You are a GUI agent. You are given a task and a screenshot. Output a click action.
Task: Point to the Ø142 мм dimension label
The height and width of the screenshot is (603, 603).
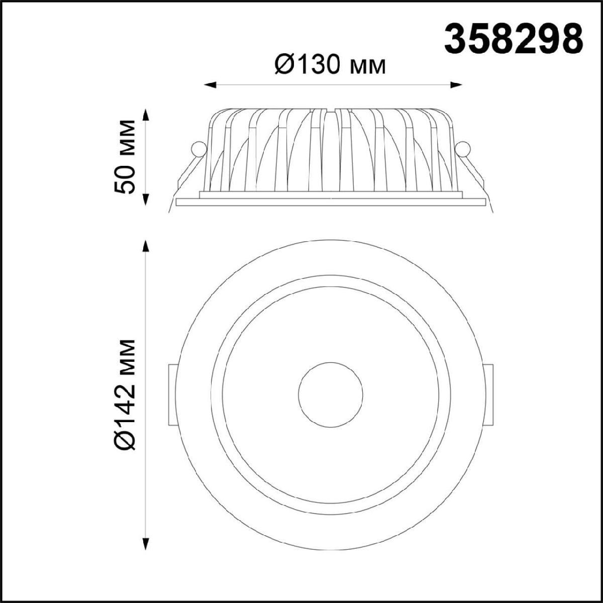click(x=125, y=394)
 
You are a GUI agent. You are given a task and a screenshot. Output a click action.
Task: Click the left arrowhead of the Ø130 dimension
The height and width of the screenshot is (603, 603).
click(x=210, y=85)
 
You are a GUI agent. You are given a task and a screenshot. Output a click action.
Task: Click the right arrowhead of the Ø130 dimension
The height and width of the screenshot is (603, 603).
click(x=456, y=85)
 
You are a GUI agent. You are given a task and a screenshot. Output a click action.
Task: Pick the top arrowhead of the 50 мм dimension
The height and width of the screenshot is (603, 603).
click(x=146, y=115)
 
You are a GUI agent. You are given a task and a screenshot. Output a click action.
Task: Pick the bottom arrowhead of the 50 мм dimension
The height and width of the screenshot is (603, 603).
click(x=146, y=199)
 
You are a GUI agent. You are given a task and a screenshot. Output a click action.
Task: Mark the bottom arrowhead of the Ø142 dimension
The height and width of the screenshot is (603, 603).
click(x=146, y=543)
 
